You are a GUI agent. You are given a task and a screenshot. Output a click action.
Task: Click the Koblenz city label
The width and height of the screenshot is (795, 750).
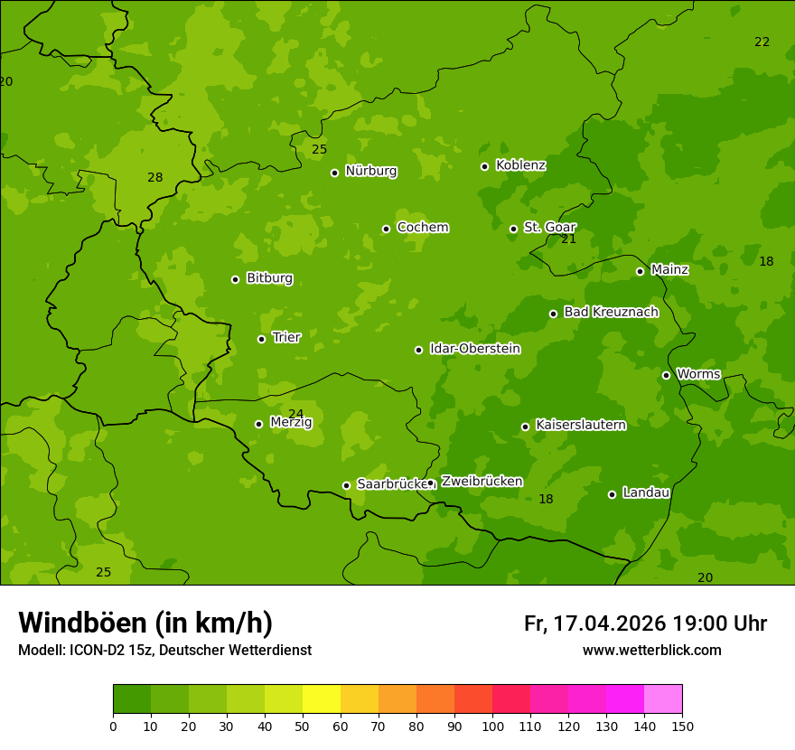(x=520, y=165)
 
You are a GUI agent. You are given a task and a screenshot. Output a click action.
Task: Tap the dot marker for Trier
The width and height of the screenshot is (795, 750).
(x=261, y=339)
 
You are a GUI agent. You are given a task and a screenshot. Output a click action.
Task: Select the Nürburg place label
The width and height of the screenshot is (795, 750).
(x=370, y=171)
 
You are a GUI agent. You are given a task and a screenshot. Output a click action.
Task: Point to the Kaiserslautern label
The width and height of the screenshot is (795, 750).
(x=580, y=425)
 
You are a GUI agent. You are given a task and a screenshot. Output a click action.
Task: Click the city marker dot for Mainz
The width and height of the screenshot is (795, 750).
(x=640, y=271)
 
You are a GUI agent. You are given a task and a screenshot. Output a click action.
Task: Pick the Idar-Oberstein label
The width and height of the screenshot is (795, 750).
(x=474, y=349)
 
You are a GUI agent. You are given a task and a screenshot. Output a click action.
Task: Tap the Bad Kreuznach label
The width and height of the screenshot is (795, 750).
(x=611, y=312)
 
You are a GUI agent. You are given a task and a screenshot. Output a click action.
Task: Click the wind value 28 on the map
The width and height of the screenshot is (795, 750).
(x=155, y=177)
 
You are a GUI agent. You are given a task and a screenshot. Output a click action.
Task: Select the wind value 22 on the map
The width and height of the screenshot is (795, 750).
(x=762, y=42)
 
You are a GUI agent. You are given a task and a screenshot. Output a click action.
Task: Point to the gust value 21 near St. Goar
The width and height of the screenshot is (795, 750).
(x=568, y=239)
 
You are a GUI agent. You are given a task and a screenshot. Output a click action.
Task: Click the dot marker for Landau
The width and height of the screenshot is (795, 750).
(x=612, y=494)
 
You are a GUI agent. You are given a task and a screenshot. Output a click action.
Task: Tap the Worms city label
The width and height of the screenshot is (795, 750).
(x=698, y=374)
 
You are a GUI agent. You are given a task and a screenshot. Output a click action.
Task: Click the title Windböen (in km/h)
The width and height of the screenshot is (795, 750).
(x=145, y=623)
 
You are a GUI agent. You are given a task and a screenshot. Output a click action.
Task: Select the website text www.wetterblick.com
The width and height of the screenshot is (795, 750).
(x=651, y=650)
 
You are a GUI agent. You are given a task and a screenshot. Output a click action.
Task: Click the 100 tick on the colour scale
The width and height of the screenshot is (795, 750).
(x=492, y=726)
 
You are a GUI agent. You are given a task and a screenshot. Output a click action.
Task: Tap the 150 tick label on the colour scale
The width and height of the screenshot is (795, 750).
(x=681, y=726)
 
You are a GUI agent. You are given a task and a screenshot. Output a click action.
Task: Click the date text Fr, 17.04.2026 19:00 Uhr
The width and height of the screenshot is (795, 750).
(x=645, y=623)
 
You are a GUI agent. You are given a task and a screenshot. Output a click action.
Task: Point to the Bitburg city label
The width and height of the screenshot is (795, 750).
(x=269, y=278)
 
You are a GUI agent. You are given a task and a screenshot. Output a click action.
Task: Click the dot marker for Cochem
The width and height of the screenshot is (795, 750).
(x=386, y=229)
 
